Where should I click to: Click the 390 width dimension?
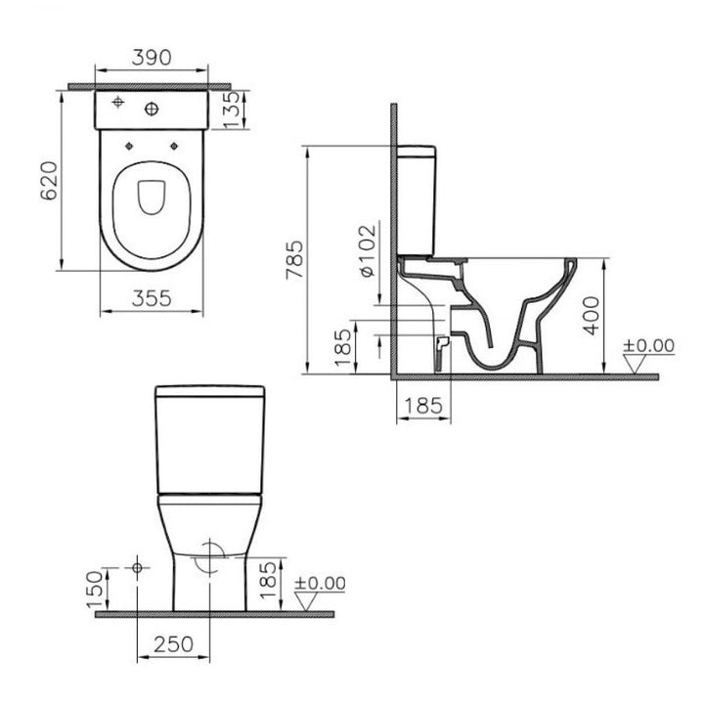point(152,58)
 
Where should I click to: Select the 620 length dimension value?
point(50,181)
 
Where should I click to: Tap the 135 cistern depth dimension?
point(231,110)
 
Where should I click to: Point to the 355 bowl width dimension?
point(152,298)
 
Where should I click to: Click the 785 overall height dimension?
point(295,260)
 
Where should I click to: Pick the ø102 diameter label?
point(369,250)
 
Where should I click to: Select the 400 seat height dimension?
point(592,315)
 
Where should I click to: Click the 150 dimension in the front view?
point(95,590)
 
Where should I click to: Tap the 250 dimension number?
point(174,644)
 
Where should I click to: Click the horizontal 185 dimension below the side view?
point(423,406)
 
